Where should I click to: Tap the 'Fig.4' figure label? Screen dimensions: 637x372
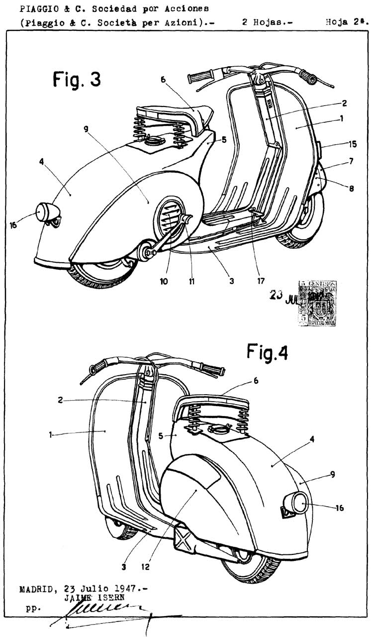(267, 352)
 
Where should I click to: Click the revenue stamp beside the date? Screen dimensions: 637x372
(317, 303)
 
